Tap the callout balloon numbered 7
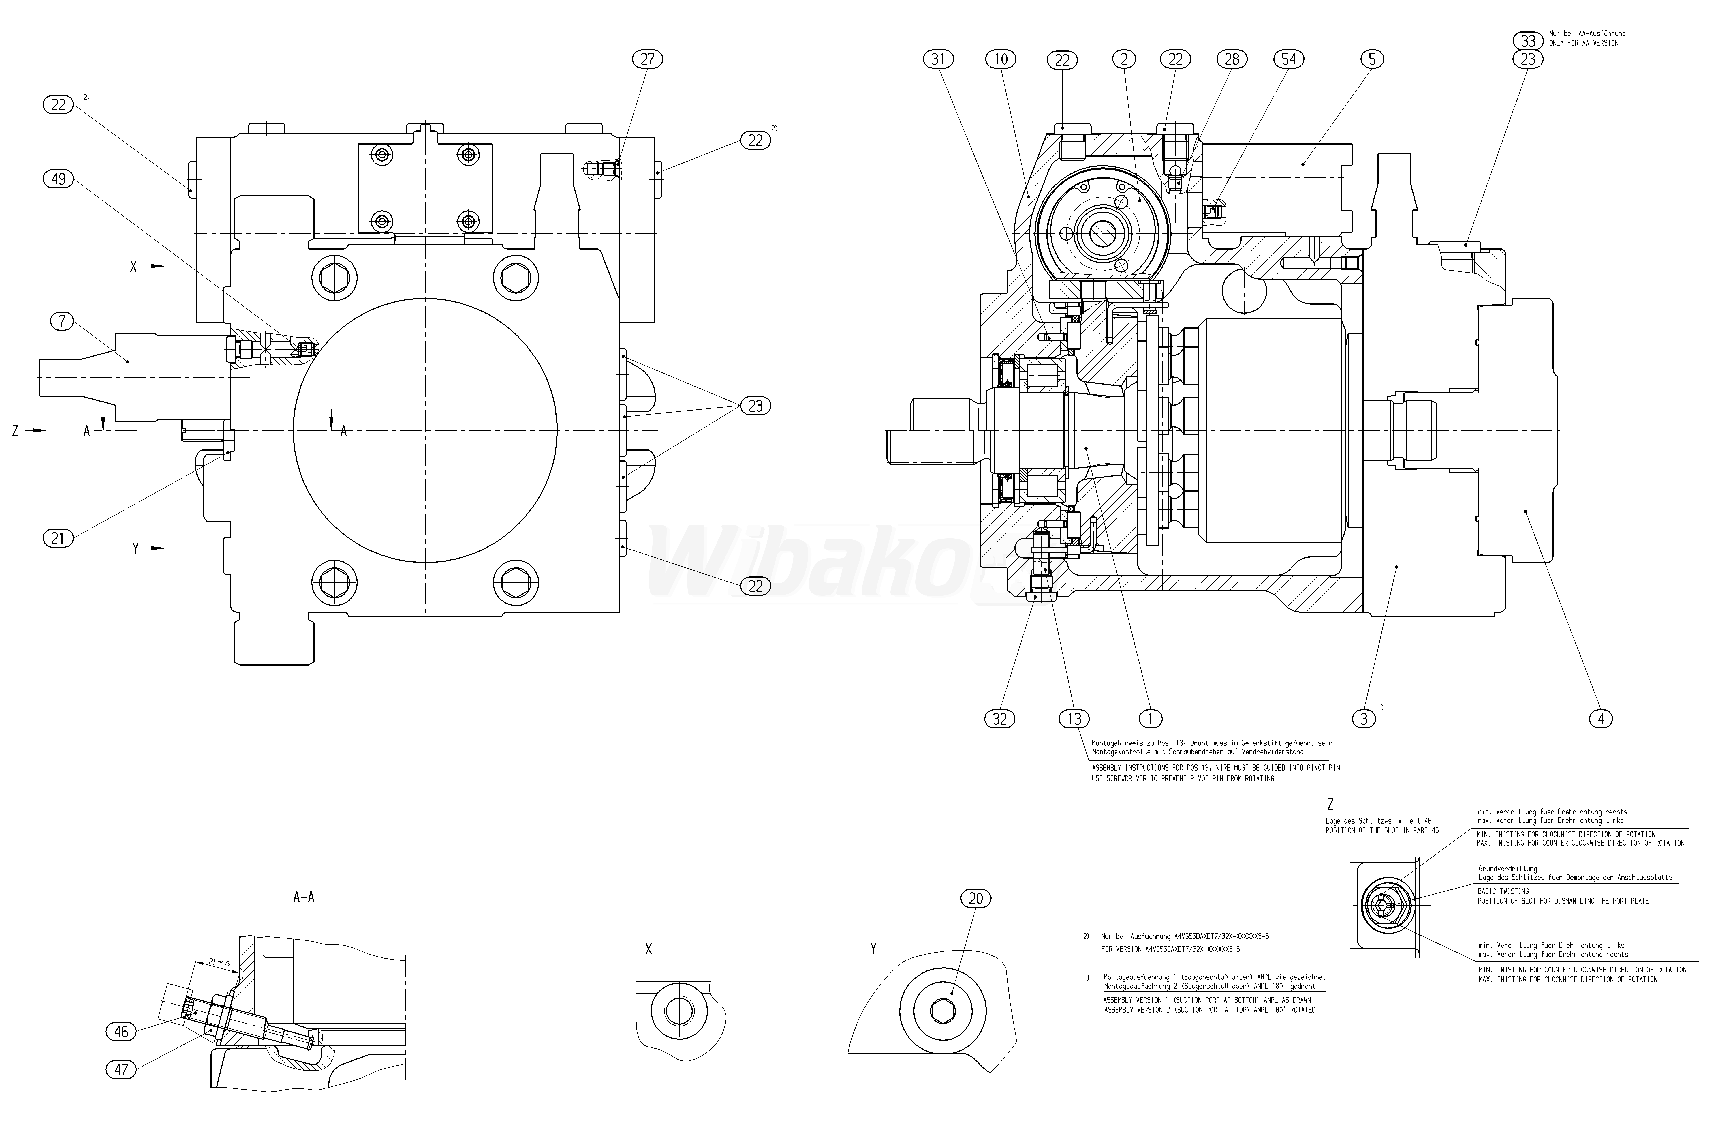click(x=62, y=321)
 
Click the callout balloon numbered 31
click(x=938, y=59)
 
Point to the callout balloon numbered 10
click(x=1001, y=59)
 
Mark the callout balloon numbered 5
click(x=1371, y=59)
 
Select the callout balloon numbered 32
click(x=1000, y=718)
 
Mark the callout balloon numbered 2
click(x=1124, y=59)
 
